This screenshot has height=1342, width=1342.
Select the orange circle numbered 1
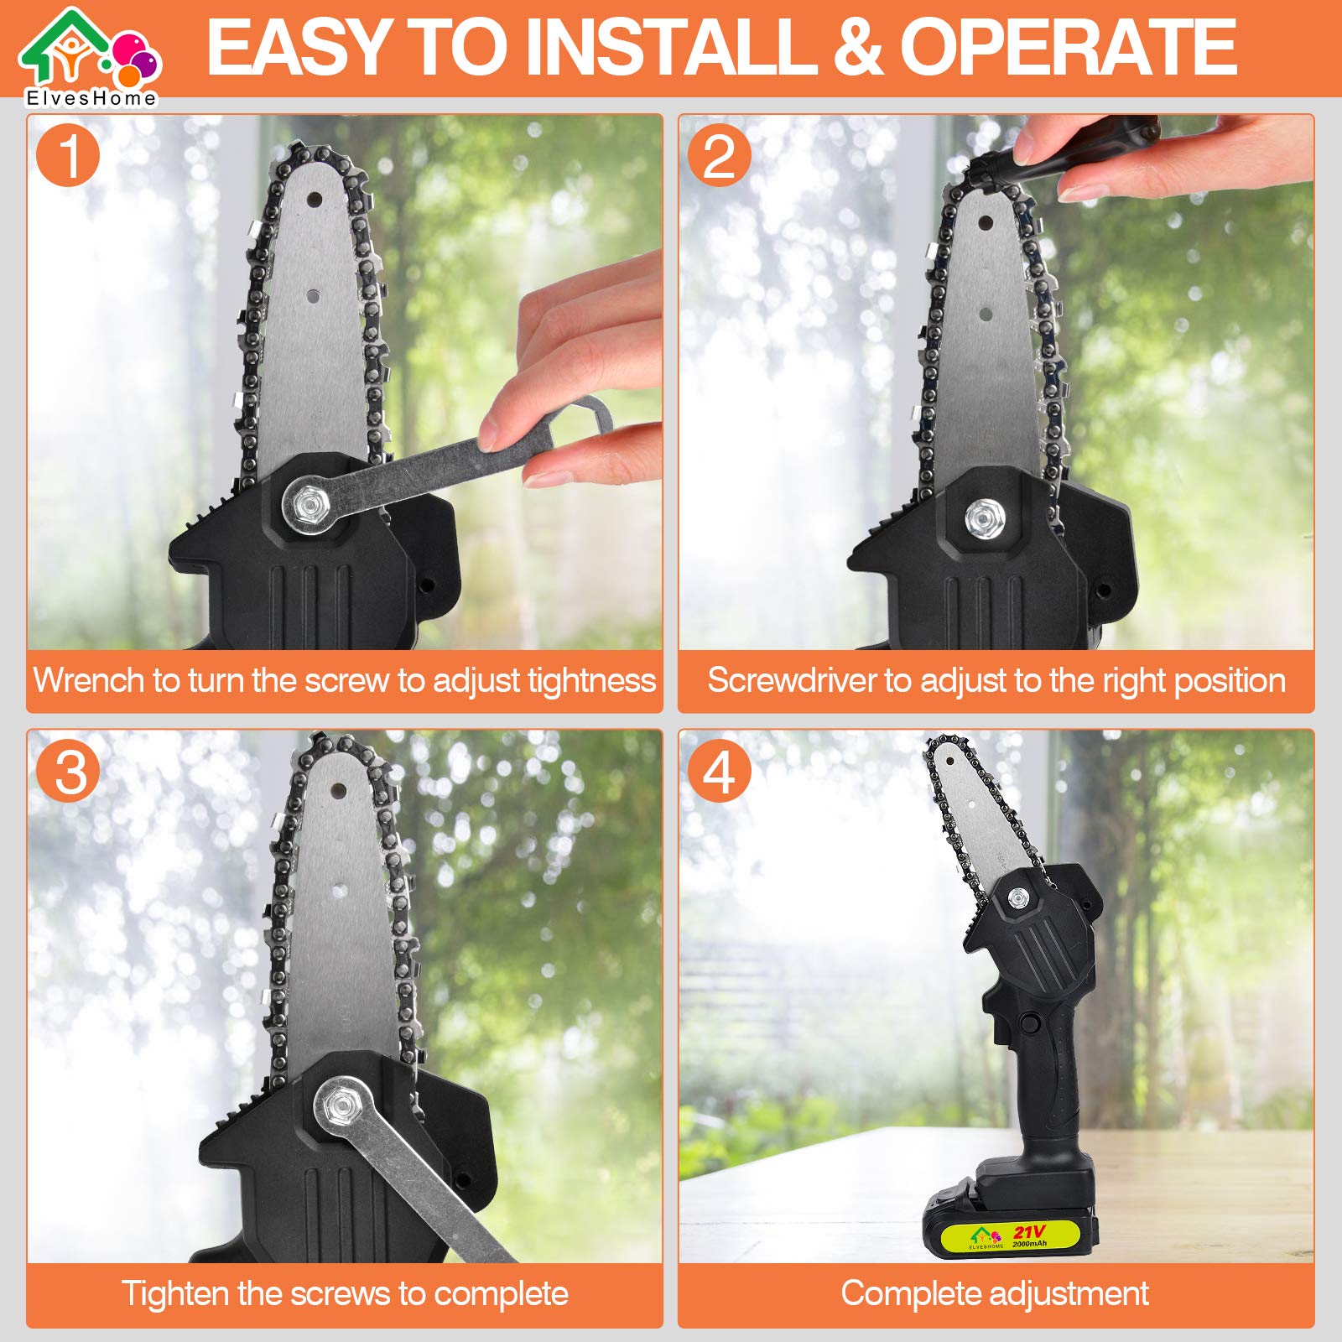pos(68,156)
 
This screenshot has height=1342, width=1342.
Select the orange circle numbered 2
pos(719,156)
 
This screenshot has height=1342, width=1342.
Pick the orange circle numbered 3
pos(68,771)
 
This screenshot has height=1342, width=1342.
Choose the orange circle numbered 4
pos(719,771)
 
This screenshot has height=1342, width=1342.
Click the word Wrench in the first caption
pos(88,680)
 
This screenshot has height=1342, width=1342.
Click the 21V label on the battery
pos(1028,1231)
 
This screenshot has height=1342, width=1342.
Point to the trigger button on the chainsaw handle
pos(1028,1024)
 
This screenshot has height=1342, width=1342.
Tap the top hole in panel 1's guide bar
pos(314,200)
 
